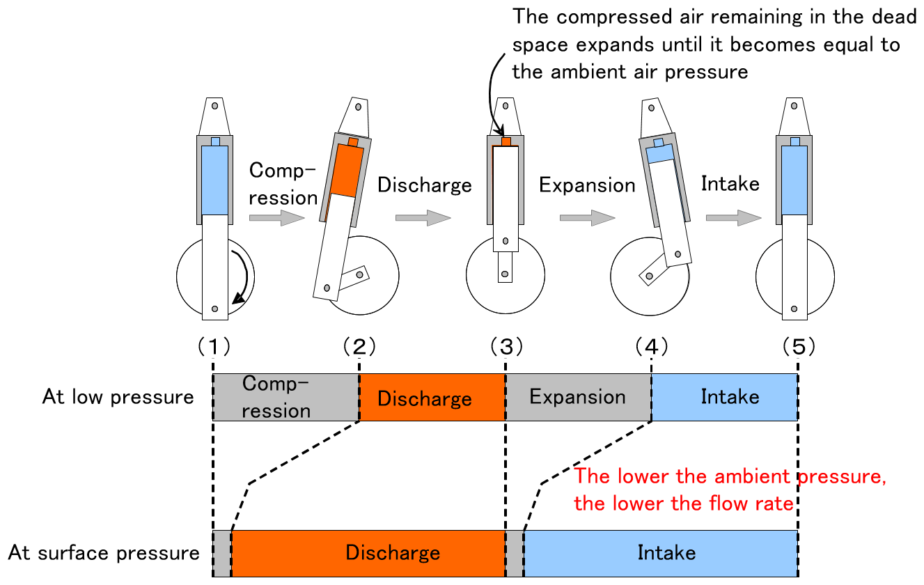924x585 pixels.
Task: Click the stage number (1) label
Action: coord(212,345)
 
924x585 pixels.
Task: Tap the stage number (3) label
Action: coord(506,345)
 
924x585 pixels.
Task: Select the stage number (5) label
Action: coord(798,345)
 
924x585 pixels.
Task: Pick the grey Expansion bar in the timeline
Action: coord(578,397)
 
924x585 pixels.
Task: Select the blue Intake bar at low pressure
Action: coord(725,397)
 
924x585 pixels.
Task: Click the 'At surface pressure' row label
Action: coord(104,553)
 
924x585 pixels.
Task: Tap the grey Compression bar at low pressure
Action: coord(286,397)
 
